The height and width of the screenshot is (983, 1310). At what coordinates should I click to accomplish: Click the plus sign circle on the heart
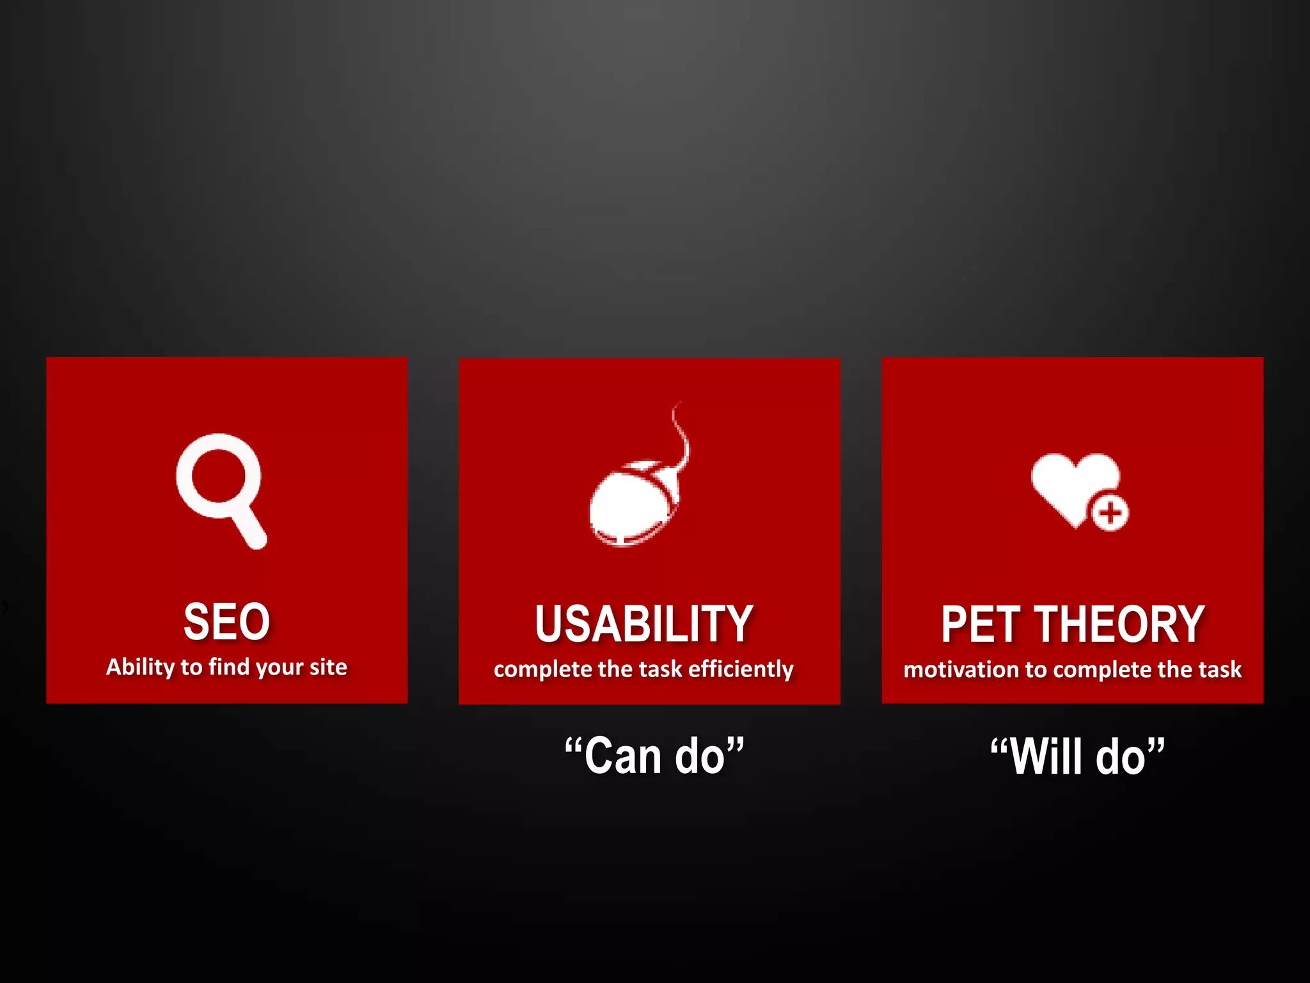click(x=1110, y=513)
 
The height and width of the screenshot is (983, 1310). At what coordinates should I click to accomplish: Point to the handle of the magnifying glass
click(x=250, y=527)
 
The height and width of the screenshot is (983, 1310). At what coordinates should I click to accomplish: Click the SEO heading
click(x=226, y=621)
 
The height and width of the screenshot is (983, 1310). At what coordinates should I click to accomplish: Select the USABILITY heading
click(x=643, y=624)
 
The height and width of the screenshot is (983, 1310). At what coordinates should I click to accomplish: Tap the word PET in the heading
click(x=980, y=625)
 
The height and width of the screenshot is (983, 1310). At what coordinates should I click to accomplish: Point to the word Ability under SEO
click(x=140, y=667)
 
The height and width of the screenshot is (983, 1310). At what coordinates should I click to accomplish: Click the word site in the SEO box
click(x=328, y=667)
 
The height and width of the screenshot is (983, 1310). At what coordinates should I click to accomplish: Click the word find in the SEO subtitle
click(x=228, y=667)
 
